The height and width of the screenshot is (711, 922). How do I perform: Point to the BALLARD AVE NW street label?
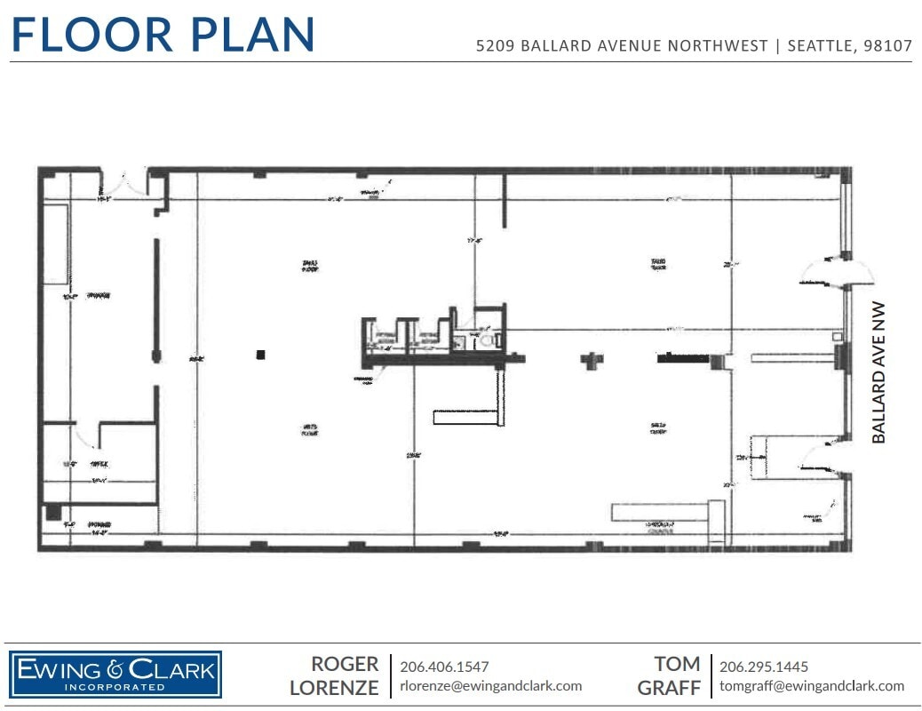point(878,372)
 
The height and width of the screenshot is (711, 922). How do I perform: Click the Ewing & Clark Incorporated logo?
point(115,674)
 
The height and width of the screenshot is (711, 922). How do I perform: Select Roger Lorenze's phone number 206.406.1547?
point(444,666)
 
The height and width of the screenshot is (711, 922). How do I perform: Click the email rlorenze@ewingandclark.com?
point(490,685)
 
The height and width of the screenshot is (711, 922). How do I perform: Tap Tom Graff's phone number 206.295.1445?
point(763,666)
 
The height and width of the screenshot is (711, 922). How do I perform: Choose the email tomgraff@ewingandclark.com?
point(811,685)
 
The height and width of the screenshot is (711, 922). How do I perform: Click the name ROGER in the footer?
point(345,664)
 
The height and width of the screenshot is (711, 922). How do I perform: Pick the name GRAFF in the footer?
point(669,687)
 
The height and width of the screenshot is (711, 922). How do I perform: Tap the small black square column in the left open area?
point(260,355)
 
